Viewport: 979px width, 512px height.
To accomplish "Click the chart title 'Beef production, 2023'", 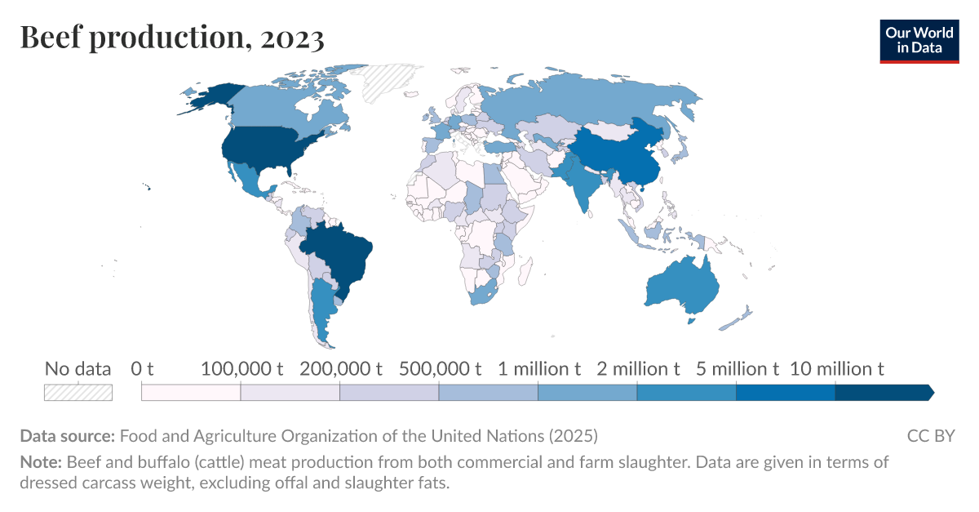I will (x=172, y=38).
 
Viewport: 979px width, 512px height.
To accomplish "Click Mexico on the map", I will (x=250, y=181).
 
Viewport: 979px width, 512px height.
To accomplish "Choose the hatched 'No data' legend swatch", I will (x=78, y=392).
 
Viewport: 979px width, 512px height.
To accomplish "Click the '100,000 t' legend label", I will (x=241, y=369).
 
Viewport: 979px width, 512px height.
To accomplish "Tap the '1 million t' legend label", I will (x=539, y=369).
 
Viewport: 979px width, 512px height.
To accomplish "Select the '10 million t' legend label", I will (x=837, y=369).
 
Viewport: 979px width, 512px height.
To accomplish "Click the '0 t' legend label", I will (x=142, y=369).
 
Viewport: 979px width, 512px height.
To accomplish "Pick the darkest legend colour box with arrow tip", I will (x=884, y=393).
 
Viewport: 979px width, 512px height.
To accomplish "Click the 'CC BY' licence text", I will (x=930, y=435).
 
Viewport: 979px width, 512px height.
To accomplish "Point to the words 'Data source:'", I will (x=66, y=435).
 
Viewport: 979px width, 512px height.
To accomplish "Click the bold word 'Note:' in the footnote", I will (x=41, y=462).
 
